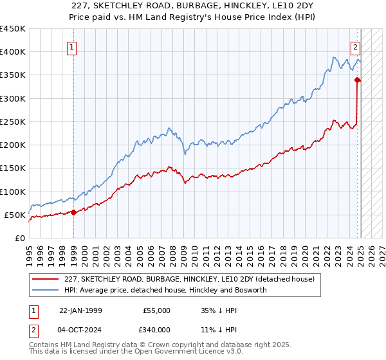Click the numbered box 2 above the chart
354,47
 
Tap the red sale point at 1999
73,212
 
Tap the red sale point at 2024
358,80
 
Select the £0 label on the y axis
19,238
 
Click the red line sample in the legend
46,279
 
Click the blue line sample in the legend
46,290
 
